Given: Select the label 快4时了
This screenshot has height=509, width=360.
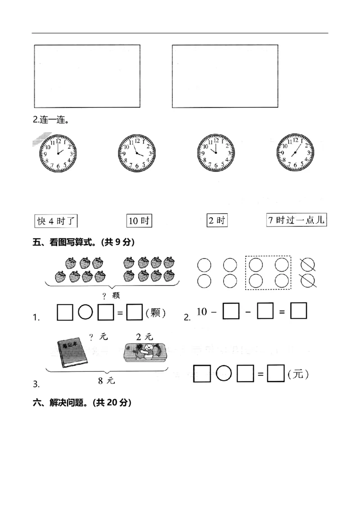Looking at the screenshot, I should pos(57,221).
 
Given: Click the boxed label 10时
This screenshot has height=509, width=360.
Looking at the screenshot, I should pos(139,221).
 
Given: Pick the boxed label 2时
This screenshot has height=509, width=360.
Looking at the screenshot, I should pos(216,221).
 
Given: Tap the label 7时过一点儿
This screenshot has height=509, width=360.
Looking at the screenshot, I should pos(296,220).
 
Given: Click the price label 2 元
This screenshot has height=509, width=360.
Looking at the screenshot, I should pos(144,336).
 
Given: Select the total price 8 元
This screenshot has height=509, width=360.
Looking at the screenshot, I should pos(107,380).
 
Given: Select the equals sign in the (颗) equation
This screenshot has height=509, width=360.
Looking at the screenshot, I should pos(120,313).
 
